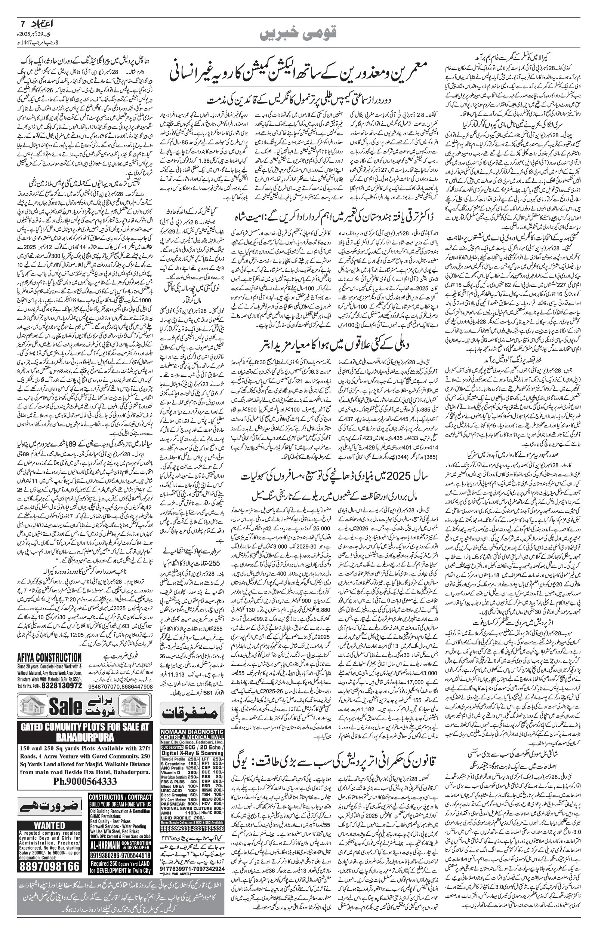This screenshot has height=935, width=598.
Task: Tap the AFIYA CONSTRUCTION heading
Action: coord(49,657)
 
